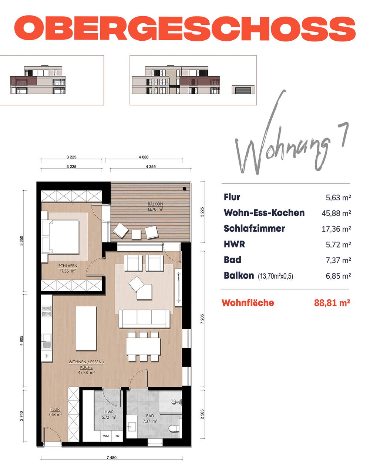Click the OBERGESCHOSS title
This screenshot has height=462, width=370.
(x=185, y=28)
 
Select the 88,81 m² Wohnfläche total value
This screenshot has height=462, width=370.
(x=332, y=303)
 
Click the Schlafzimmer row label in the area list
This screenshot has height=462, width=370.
(x=254, y=228)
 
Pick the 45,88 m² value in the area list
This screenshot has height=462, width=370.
(x=336, y=213)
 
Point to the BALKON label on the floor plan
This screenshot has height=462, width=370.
(x=155, y=204)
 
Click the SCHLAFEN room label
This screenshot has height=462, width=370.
(x=67, y=266)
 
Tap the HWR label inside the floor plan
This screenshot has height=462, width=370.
(x=109, y=412)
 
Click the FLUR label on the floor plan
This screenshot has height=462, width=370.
(x=55, y=409)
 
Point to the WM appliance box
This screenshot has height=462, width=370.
(x=106, y=436)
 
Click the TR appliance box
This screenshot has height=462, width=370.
(x=117, y=436)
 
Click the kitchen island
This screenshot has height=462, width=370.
(x=86, y=328)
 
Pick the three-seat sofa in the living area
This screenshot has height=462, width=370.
(x=144, y=319)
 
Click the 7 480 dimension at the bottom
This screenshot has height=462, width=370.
(x=112, y=458)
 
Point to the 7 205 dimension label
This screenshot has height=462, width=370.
(x=202, y=319)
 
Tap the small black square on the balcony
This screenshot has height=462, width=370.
(x=184, y=189)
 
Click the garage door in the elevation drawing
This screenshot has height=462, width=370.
(x=243, y=91)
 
